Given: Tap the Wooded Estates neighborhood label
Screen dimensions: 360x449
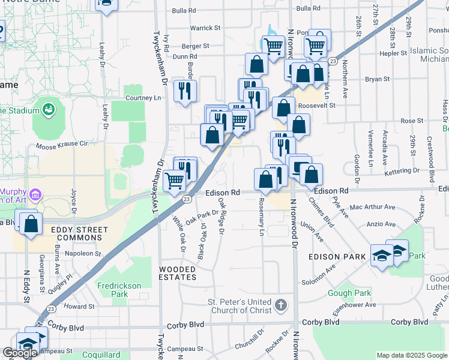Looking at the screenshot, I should [178, 273].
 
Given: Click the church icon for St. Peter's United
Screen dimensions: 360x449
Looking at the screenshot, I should [280, 305].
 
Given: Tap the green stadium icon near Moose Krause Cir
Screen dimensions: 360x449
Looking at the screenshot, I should [47, 110].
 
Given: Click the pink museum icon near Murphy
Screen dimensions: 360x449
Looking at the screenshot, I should [35, 194].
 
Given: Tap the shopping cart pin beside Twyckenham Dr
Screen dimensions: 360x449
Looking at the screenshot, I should [174, 179].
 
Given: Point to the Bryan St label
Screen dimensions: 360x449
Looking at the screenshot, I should [377, 79].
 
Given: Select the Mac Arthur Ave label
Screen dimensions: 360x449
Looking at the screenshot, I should [372, 207].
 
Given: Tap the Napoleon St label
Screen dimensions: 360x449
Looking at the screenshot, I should [83, 254].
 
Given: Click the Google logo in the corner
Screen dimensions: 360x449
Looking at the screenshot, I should [20, 353].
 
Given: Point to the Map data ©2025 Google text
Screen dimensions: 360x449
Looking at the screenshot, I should [411, 355].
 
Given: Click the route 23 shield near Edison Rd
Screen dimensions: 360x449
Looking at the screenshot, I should [187, 199].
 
